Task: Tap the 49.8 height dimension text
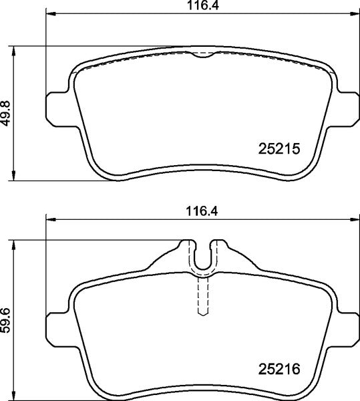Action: [7, 113]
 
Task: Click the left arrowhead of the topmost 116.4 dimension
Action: [48, 15]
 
